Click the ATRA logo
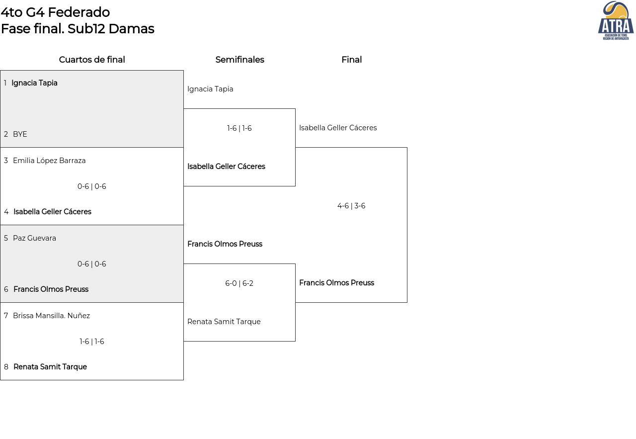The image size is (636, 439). [x=616, y=20]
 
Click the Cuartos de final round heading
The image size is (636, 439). [x=92, y=60]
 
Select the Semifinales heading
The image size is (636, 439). [x=239, y=60]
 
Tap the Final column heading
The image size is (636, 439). [x=351, y=60]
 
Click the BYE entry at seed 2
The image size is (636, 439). [x=20, y=134]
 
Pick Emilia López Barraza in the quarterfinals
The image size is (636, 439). [x=49, y=161]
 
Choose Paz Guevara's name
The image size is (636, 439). [x=34, y=238]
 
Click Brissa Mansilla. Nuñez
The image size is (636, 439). [x=51, y=316]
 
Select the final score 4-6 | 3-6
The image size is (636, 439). [x=351, y=206]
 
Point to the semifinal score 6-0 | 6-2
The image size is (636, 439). [x=239, y=283]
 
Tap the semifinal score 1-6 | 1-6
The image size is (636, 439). [x=239, y=128]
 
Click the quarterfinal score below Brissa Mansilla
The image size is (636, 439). [x=92, y=342]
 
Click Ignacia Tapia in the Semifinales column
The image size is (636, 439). [x=210, y=89]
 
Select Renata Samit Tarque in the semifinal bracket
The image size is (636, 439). [x=224, y=322]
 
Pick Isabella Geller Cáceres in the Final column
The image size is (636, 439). [x=338, y=128]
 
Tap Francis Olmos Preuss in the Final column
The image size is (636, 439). [x=336, y=283]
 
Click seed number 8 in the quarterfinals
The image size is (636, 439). [x=6, y=367]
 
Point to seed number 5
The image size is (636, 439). [x=6, y=238]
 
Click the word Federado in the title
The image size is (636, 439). [x=79, y=12]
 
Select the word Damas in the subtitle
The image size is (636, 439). [x=132, y=29]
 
